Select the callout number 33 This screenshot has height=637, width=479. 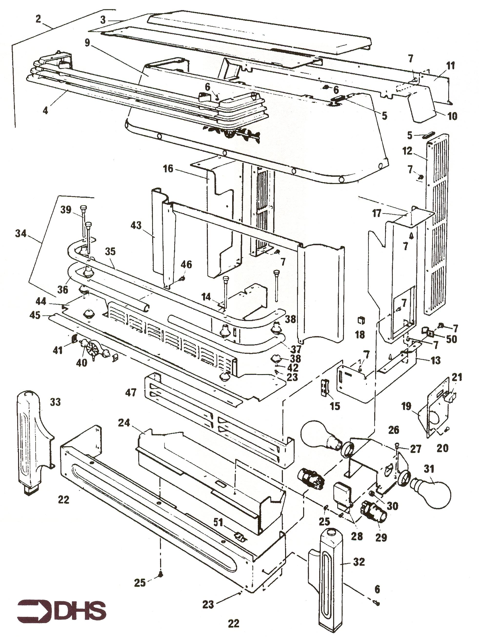click(55, 402)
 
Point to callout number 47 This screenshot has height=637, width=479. click(131, 393)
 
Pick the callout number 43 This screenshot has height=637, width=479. click(136, 225)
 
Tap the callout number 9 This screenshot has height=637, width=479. click(87, 43)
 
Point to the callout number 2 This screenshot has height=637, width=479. click(38, 19)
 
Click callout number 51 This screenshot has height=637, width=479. click(218, 522)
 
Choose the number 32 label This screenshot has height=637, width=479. click(359, 562)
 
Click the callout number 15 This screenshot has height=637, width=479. click(335, 406)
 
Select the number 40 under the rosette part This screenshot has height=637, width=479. click(82, 363)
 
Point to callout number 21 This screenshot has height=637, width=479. click(457, 377)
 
